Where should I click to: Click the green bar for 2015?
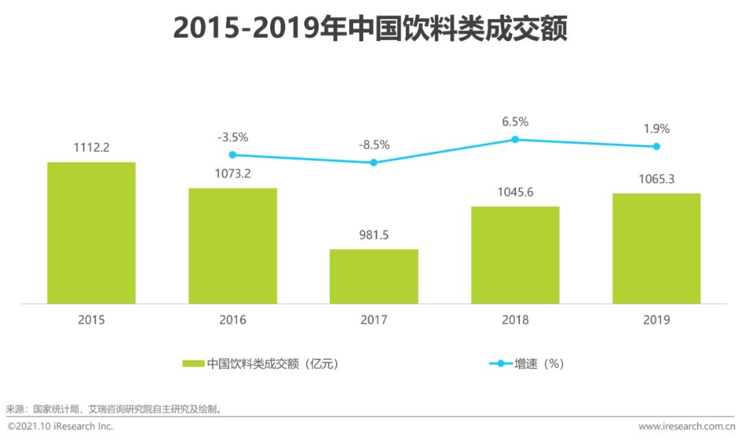(91, 233)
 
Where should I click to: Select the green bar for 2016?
(233, 245)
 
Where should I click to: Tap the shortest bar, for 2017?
(374, 276)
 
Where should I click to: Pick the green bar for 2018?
(515, 255)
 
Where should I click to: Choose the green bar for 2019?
(656, 248)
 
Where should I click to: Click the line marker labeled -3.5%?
(233, 155)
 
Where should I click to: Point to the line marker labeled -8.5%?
(374, 162)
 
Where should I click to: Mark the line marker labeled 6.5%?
(515, 140)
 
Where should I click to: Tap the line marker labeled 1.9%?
(656, 146)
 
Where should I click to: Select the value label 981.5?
(374, 234)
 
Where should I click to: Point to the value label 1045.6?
(515, 192)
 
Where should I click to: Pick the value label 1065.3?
(656, 179)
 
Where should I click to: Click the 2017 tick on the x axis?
(374, 320)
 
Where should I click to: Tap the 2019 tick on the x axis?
(656, 320)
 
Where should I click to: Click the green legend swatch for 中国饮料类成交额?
(194, 364)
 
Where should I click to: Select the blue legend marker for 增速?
(500, 364)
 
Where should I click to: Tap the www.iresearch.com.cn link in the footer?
(686, 427)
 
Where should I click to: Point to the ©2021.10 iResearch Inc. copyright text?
(60, 427)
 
